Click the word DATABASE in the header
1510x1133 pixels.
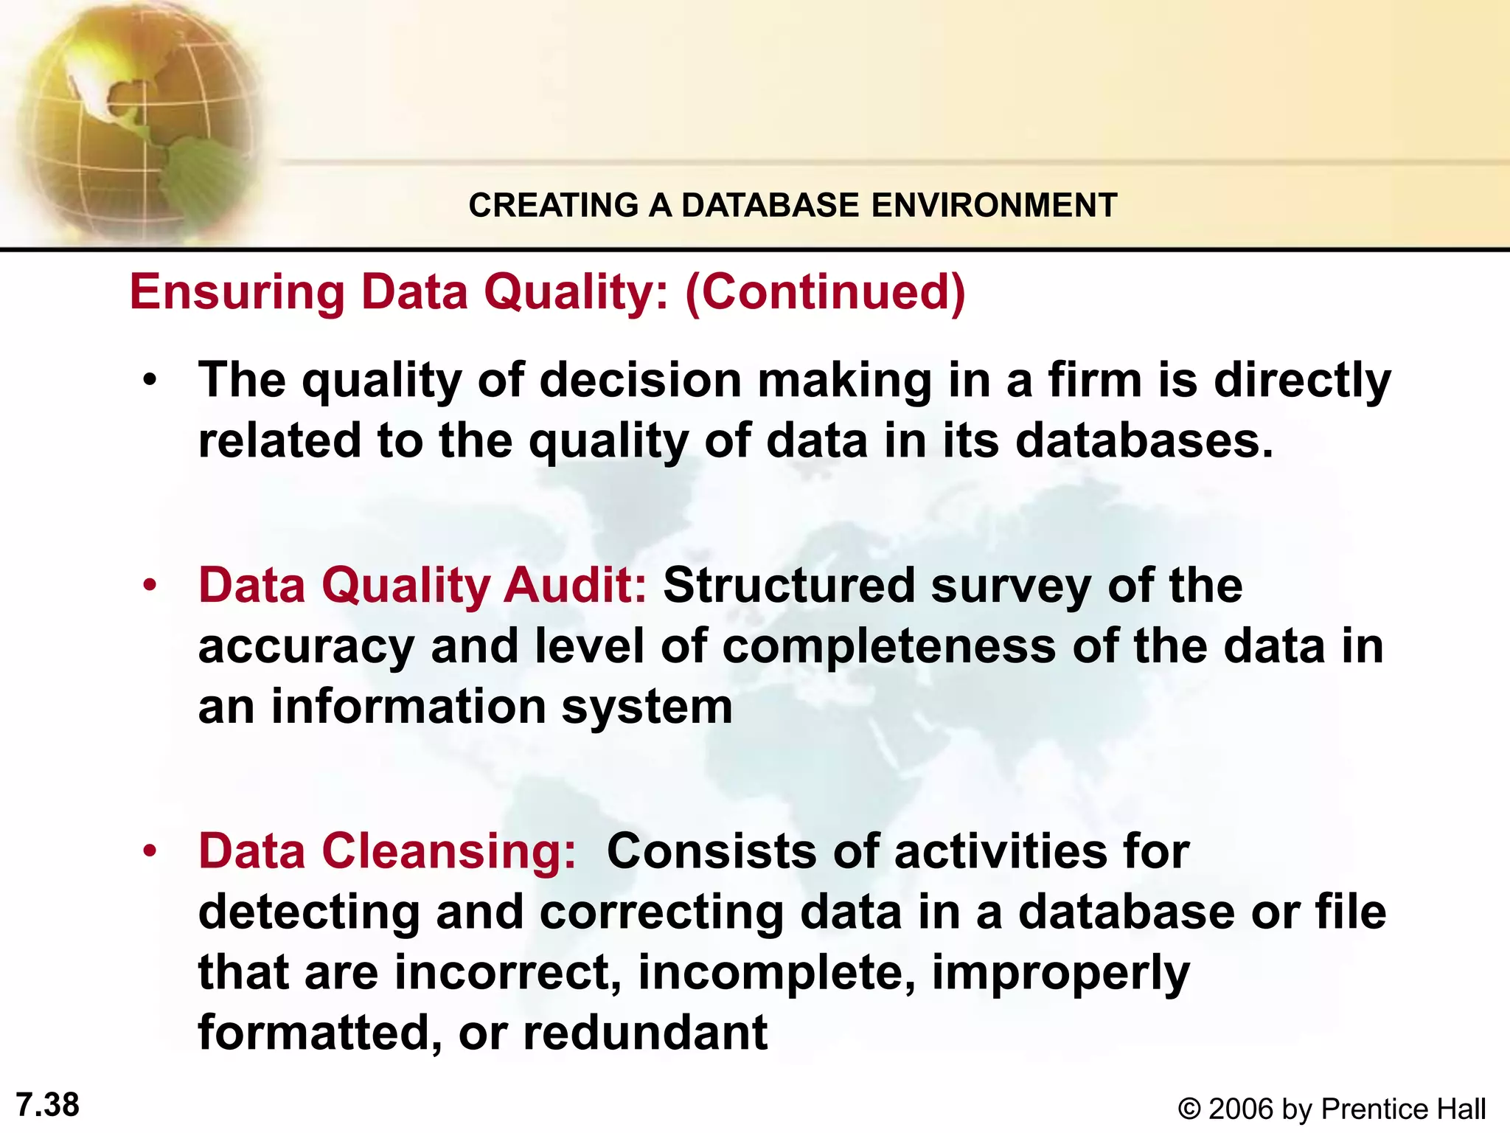[770, 205]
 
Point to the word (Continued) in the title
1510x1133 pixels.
[825, 292]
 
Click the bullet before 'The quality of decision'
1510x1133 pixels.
[151, 381]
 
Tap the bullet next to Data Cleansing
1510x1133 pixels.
[151, 852]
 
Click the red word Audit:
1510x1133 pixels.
[575, 586]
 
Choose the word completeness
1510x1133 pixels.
[888, 646]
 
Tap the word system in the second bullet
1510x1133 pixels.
[647, 707]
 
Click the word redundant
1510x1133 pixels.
[645, 1033]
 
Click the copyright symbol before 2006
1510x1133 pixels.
[1189, 1109]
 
